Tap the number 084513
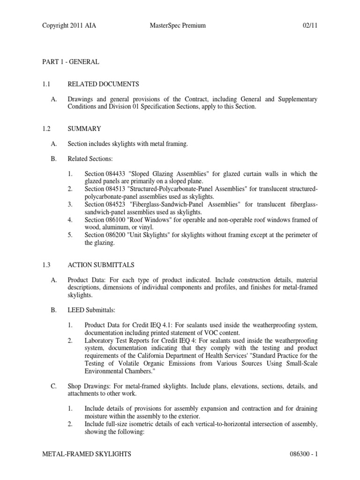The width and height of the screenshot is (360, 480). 117,189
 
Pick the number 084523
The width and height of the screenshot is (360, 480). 117,205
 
